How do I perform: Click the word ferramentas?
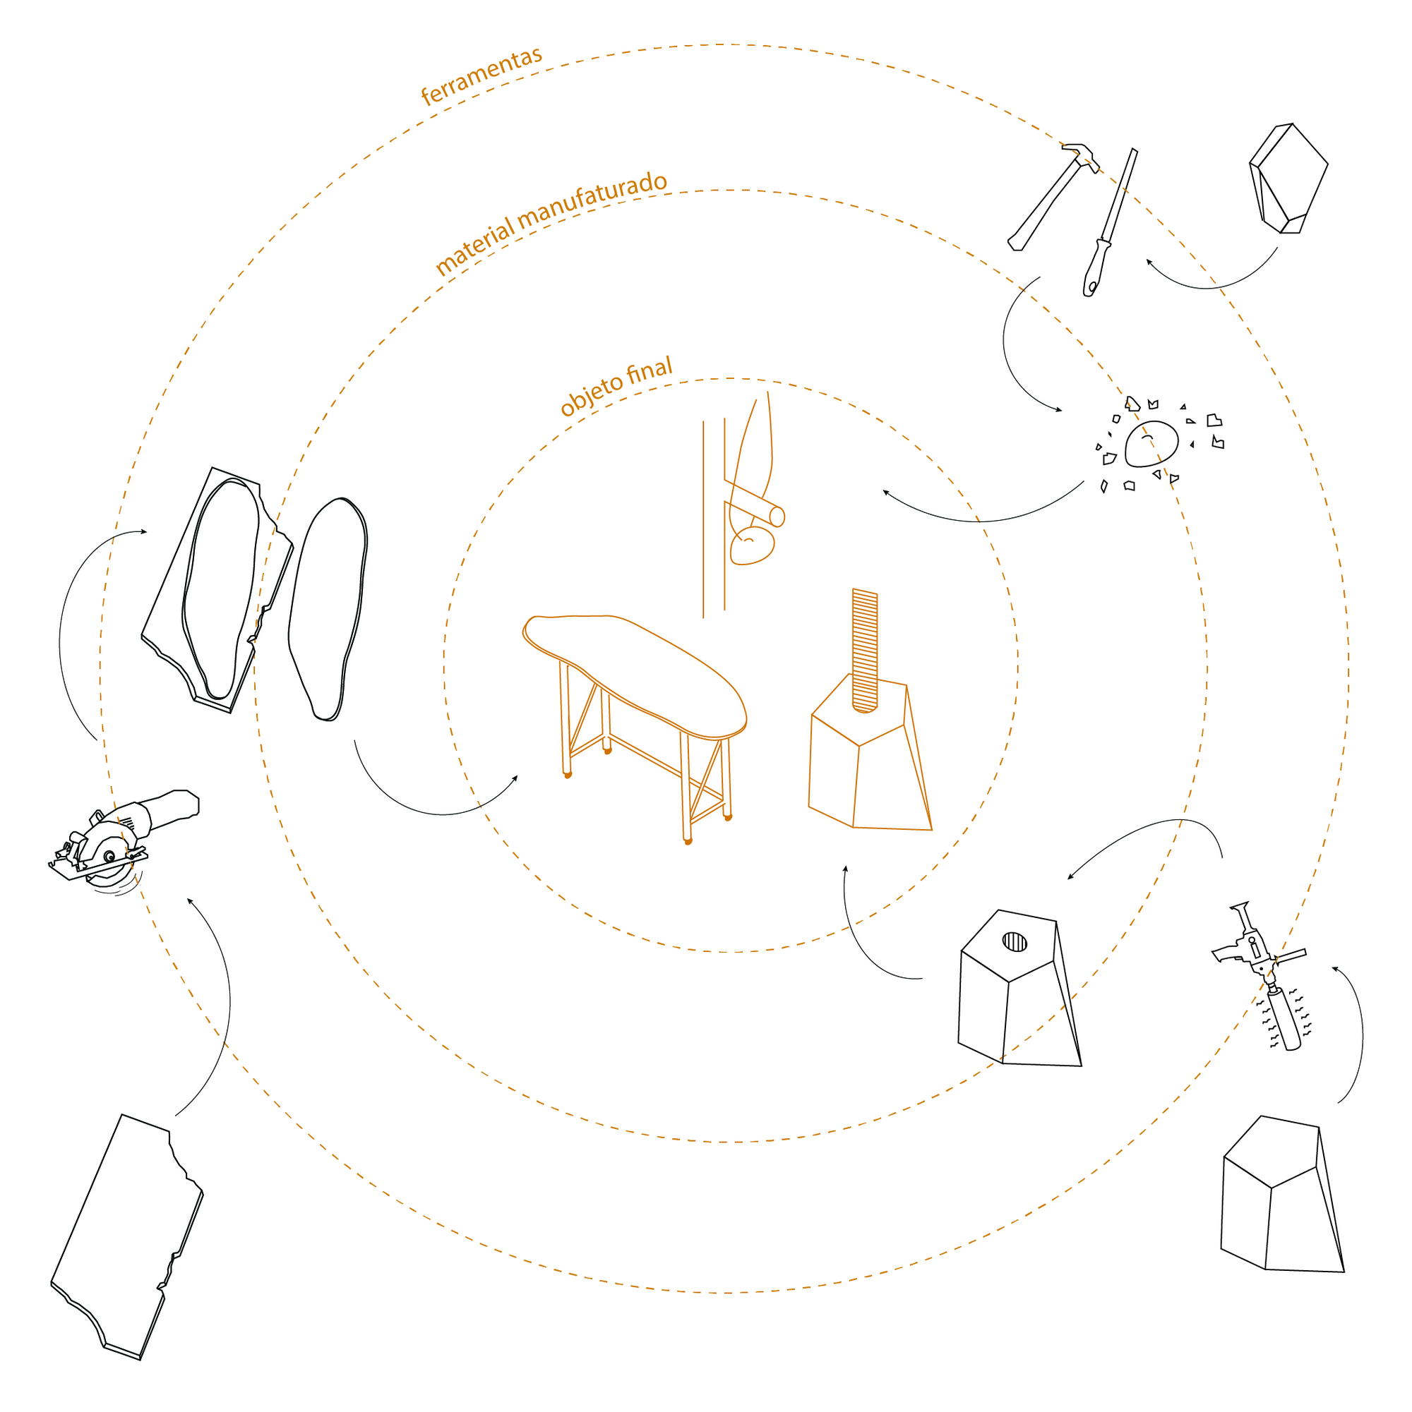482,77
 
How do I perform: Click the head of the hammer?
1081,157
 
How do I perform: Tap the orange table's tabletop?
634,677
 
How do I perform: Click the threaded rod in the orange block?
864,650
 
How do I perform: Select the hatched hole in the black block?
1015,941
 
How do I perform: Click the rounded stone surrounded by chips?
1151,444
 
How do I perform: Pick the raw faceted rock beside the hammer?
1288,179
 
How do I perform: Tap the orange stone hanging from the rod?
752,545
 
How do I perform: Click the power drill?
1260,974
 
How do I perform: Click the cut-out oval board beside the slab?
328,609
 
